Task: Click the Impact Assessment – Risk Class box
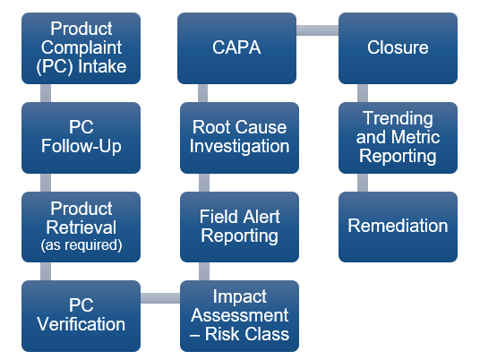238,315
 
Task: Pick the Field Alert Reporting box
238,227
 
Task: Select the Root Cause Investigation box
238,137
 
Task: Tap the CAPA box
238,47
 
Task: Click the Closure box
397,47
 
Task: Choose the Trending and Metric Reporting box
397,137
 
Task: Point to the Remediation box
397,227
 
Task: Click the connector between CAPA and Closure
318,31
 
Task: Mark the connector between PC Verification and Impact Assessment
160,297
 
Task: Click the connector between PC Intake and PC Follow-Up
45,92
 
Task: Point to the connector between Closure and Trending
363,92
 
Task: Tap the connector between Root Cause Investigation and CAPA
203,92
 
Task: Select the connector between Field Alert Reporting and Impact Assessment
203,270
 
